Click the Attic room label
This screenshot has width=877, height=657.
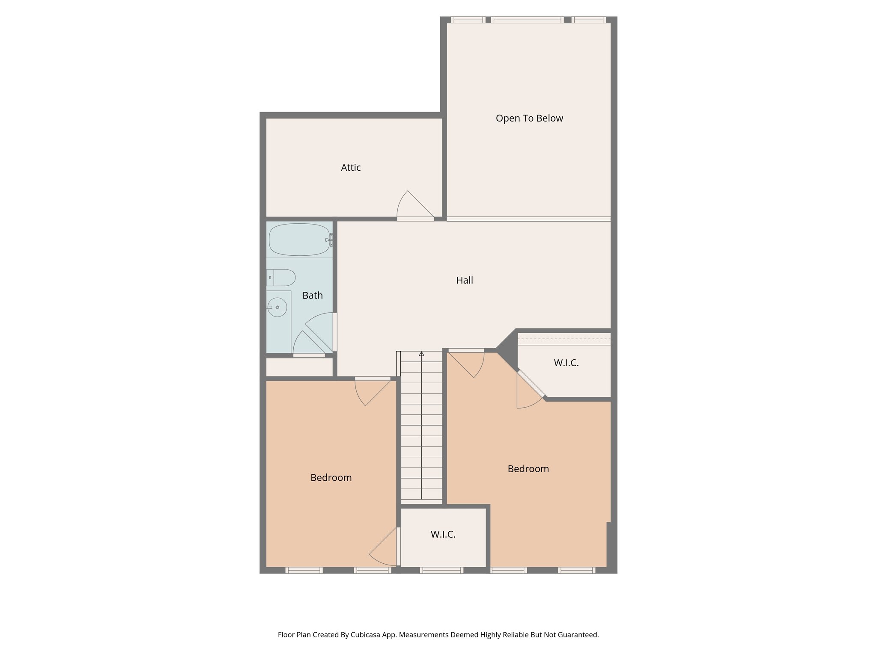click(x=351, y=168)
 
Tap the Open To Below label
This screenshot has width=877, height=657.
click(x=529, y=118)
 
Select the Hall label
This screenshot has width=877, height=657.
click(x=465, y=281)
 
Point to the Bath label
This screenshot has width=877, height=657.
click(x=313, y=296)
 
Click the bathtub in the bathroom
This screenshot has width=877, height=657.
click(x=299, y=240)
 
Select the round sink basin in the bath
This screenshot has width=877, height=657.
click(x=277, y=307)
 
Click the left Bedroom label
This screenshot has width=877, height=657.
click(x=331, y=478)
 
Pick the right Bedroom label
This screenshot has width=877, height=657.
click(x=528, y=469)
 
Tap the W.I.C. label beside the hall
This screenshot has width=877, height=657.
click(x=566, y=363)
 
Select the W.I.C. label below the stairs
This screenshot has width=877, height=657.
click(x=443, y=535)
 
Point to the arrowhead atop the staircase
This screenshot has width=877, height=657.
click(x=421, y=354)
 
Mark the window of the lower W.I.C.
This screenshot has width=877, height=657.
click(x=441, y=570)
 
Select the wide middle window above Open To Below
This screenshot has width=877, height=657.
click(x=528, y=20)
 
